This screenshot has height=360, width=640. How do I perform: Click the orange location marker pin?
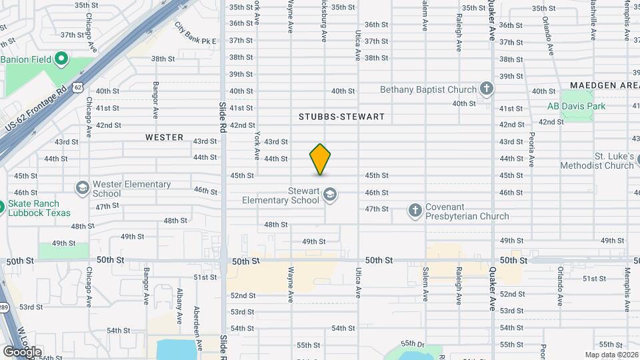[320, 159]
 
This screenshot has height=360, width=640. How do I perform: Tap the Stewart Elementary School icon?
[329, 195]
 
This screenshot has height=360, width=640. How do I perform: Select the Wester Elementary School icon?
[82, 187]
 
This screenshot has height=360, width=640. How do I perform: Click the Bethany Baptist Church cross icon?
[487, 89]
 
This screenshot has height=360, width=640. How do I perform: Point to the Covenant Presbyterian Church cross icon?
[415, 211]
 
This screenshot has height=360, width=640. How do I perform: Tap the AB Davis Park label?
[576, 106]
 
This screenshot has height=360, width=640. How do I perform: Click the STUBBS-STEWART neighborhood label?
[341, 117]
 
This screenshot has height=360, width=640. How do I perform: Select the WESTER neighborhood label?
[164, 137]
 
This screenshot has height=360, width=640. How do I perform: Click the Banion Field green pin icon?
[61, 59]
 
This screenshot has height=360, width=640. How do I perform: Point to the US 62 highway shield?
[79, 87]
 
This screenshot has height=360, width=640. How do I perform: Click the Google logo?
[22, 351]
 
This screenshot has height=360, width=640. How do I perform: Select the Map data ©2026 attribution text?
[612, 355]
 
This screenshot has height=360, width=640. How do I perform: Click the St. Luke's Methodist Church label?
[605, 160]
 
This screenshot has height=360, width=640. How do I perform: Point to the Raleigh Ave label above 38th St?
[459, 34]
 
